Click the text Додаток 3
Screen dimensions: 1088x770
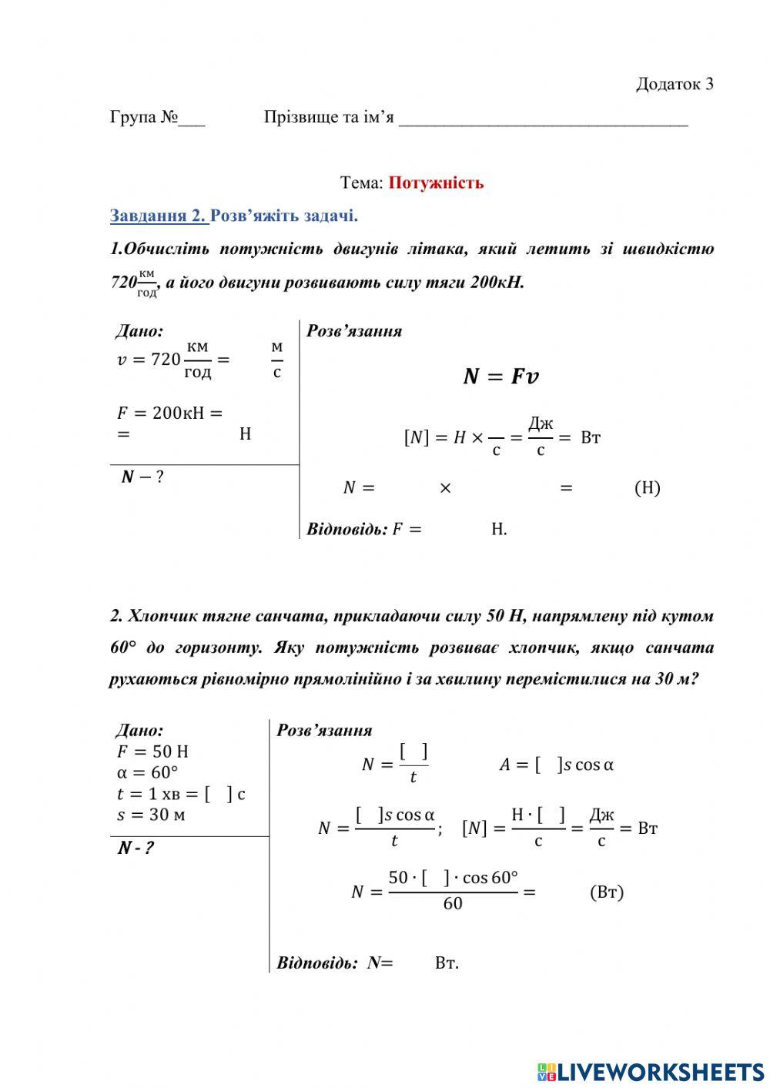point(674,84)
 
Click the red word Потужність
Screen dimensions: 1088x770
point(436,183)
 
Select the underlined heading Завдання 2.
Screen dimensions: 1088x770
point(158,216)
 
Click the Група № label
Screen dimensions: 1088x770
point(144,118)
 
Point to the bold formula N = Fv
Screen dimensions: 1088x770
point(500,377)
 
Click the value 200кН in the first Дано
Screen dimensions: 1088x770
point(178,413)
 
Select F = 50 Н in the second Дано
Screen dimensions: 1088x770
point(152,752)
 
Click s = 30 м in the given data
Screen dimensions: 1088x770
point(151,815)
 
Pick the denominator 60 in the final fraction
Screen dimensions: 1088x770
point(453,904)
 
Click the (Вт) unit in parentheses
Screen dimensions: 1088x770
point(607,892)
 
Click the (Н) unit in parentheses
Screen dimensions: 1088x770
point(647,487)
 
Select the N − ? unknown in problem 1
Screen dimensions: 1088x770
point(142,477)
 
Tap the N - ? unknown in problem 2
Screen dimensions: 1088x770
point(136,849)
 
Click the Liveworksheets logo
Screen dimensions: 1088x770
point(651,1071)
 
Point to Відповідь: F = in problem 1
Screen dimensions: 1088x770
point(364,529)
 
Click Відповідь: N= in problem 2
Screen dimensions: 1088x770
point(335,962)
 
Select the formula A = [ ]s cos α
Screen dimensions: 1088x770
point(556,765)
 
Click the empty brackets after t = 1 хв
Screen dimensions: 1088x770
point(219,794)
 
